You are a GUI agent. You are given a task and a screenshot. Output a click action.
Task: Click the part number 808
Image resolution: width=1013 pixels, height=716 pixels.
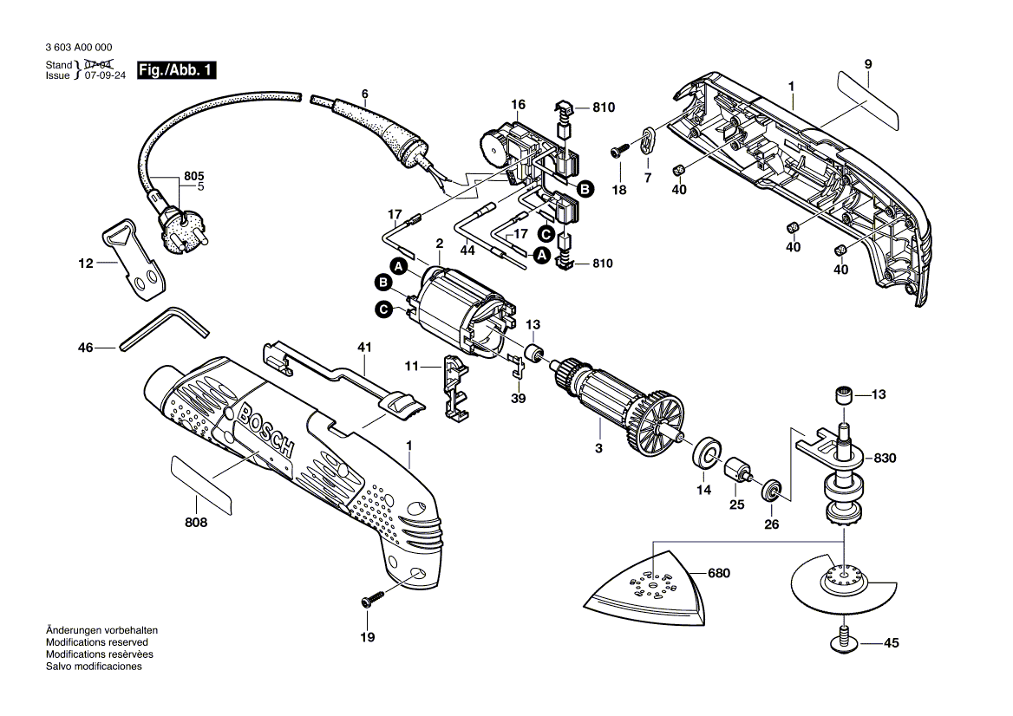tap(196, 524)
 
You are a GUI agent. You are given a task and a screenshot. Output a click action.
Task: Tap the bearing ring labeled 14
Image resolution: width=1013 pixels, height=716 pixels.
tap(706, 453)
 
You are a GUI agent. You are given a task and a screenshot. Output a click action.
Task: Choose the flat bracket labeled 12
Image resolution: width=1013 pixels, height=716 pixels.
tap(131, 261)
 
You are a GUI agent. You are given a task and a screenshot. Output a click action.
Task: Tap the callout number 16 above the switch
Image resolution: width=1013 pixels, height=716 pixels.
tap(518, 105)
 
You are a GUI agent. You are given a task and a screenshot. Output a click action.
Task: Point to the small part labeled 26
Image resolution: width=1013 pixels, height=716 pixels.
tap(770, 491)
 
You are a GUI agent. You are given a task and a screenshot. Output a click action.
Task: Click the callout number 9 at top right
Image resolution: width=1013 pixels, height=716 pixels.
tap(868, 63)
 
